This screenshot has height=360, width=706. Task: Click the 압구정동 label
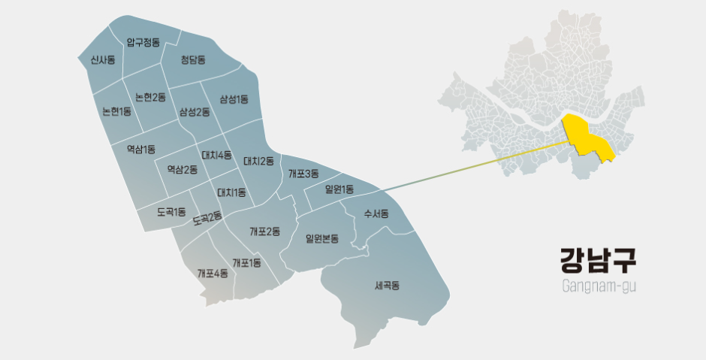pos(143,42)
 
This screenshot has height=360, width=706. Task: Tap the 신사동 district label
pos(102,59)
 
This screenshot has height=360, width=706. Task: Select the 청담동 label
pos(193,59)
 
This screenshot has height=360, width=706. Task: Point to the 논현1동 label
pos(116,112)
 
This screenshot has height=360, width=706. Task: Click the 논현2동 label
pos(150,96)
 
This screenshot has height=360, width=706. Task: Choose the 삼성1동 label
pos(234,98)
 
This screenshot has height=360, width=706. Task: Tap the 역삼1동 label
pos(140,148)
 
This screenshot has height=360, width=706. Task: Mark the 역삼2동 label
pos(182,169)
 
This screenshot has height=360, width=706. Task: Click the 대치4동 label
pos(216,156)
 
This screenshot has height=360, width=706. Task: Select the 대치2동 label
pos(258,160)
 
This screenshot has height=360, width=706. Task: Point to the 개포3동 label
pos(303,174)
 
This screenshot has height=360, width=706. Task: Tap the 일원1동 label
pos(339,189)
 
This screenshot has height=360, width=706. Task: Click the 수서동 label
pos(376,213)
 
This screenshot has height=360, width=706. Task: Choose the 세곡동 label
pos(387,285)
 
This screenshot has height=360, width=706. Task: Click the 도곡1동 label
pos(171,212)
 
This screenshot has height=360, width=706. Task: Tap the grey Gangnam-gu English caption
pos(599,286)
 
